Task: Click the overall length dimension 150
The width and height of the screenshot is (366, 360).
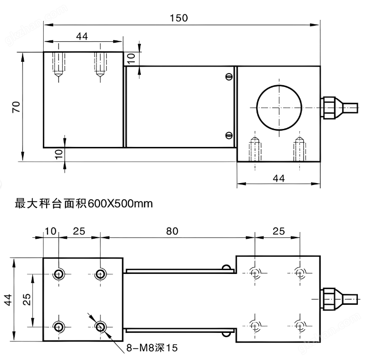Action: [178, 18]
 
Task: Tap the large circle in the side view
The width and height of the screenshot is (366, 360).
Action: [279, 107]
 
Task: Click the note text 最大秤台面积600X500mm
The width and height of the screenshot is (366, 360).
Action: [84, 205]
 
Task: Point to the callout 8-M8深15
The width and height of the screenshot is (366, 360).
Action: [151, 348]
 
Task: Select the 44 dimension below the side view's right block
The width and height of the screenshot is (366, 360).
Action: [278, 178]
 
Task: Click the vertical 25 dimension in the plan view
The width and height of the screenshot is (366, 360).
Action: [27, 300]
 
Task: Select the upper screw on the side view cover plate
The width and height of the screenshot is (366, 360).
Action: [229, 77]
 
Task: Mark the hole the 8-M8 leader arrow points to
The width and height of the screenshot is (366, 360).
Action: [100, 326]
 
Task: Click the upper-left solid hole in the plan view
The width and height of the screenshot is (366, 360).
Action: [59, 274]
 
